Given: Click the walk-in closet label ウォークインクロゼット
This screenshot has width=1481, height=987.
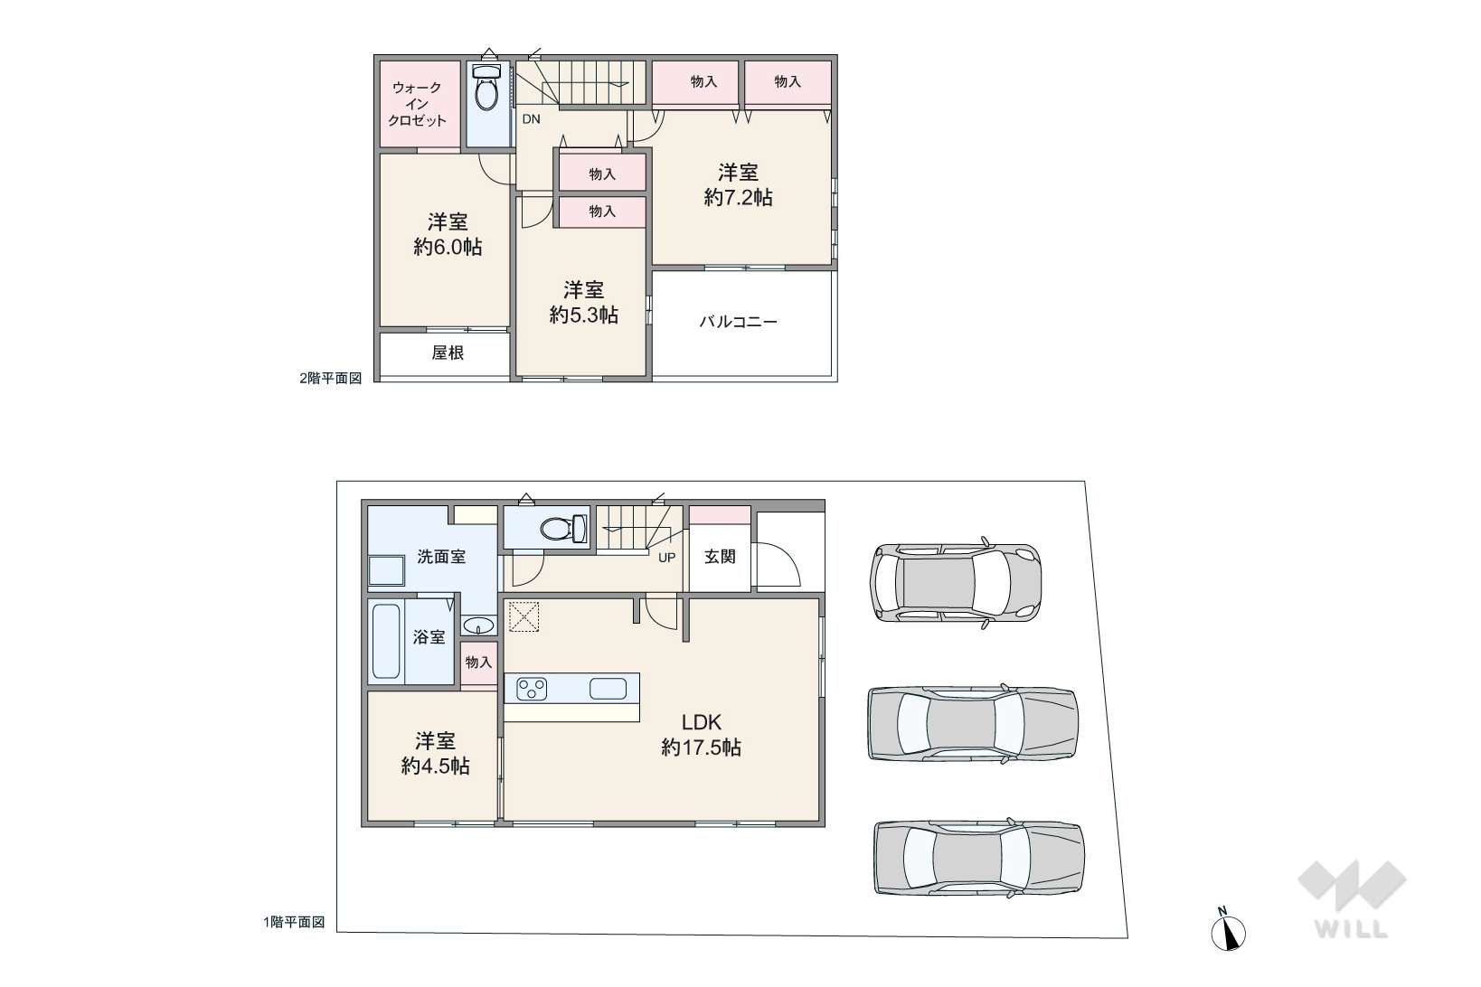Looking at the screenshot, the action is tap(417, 104).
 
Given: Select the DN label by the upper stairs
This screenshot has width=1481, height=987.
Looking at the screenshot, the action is tap(531, 119).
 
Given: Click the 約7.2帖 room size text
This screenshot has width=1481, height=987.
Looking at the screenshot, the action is tap(738, 197).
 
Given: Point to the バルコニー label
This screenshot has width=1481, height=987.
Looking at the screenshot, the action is tap(739, 322).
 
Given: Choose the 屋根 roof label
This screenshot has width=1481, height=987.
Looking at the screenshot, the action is tap(448, 353).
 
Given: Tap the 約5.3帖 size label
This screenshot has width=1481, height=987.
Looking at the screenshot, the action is tap(584, 315).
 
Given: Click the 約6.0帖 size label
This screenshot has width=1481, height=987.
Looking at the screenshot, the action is tap(448, 247).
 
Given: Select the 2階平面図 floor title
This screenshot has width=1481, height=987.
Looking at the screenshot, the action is tap(331, 378).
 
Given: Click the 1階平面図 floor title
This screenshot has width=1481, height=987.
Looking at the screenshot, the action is tap(294, 922).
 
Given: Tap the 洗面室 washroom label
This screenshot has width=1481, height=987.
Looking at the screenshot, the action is tap(441, 557).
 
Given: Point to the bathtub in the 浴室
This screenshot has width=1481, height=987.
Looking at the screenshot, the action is tap(386, 641).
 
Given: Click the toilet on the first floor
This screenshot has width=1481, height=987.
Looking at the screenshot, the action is tap(562, 528).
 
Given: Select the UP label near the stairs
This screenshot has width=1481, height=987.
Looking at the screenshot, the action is tap(666, 558).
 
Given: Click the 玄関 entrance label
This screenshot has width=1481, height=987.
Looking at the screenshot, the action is tap(720, 557).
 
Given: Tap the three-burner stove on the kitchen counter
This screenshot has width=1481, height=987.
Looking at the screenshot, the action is tap(532, 689).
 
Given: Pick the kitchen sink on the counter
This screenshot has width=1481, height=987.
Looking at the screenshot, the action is tap(608, 689).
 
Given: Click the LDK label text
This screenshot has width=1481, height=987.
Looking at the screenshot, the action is tap(701, 722).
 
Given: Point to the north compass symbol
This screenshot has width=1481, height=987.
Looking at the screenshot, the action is tap(1228, 932).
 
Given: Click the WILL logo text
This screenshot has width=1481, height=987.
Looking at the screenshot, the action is tap(1351, 929).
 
